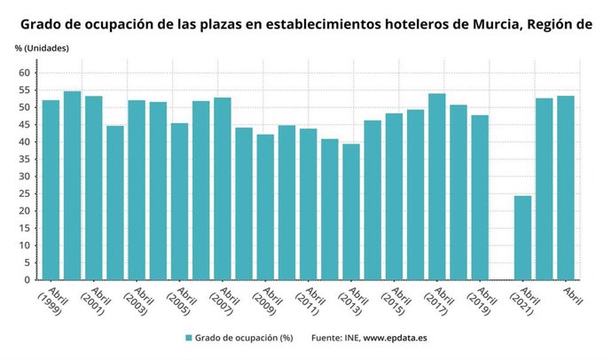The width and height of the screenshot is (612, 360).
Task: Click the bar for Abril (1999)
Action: [51, 190]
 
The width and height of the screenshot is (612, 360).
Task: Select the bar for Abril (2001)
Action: [93, 188]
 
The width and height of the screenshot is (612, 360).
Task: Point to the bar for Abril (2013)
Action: [351, 212]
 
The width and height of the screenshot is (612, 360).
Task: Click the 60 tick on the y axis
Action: [25, 73]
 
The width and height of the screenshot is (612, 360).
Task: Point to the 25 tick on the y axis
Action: [25, 193]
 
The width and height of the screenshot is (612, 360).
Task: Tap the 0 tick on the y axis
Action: [27, 280]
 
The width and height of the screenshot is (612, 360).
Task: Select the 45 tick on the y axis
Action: [25, 125]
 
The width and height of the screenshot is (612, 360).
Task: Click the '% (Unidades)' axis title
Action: [42, 47]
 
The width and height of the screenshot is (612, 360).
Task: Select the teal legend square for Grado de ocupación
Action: [189, 338]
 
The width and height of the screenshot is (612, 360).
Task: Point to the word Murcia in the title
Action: [486, 23]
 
